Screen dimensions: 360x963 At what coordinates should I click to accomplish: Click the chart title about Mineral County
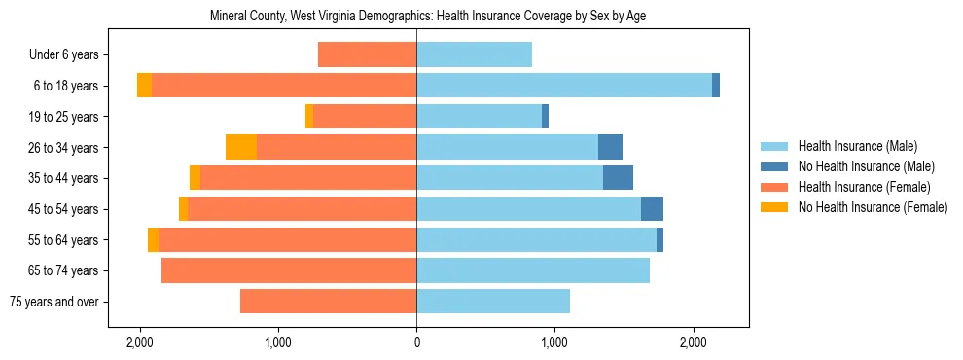(x=428, y=17)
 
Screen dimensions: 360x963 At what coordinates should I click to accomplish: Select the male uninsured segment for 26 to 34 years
(x=610, y=147)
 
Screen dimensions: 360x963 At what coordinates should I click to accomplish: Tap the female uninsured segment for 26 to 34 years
(x=241, y=147)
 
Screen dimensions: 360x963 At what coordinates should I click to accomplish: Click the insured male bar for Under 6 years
(x=474, y=54)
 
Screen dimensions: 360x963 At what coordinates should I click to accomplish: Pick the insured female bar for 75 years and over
(x=328, y=302)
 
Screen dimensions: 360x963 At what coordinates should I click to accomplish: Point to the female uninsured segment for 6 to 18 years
(x=144, y=86)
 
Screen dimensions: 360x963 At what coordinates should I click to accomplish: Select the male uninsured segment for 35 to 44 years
(x=618, y=178)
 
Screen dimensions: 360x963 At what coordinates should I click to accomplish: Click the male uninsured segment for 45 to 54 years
(x=652, y=209)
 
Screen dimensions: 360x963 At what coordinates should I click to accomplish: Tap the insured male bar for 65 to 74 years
(x=533, y=270)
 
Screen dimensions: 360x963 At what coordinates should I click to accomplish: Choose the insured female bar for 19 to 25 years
(x=365, y=117)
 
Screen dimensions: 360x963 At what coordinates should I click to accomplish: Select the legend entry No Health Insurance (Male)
(x=866, y=166)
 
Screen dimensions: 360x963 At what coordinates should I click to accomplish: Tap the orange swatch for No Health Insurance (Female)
(x=776, y=207)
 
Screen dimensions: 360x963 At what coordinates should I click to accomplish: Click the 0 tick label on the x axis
(x=416, y=342)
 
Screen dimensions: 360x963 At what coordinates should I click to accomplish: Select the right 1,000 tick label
(x=554, y=342)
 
